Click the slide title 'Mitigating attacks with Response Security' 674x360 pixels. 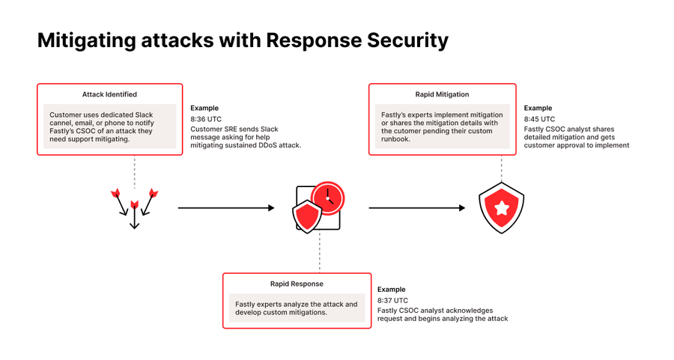[x=243, y=40]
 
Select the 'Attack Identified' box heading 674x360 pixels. [x=109, y=94]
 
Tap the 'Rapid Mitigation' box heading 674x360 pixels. [x=442, y=94]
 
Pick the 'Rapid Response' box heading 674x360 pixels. [x=297, y=284]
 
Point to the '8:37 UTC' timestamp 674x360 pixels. [x=392, y=299]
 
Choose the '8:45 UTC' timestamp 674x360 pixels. [x=539, y=118]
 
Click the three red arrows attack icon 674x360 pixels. [x=135, y=207]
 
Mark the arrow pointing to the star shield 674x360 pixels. [x=416, y=208]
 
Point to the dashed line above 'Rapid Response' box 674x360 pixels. [x=320, y=251]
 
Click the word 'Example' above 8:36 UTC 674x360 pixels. [x=204, y=108]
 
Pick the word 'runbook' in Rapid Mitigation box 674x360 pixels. [x=396, y=138]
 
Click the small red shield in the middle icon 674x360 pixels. [x=307, y=216]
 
